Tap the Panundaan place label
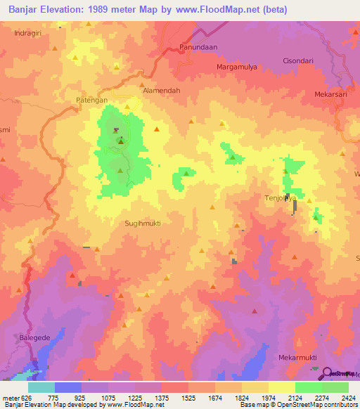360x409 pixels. click(198, 47)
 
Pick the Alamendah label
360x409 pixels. click(162, 91)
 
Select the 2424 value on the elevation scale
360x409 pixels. click(347, 398)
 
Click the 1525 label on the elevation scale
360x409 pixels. click(188, 398)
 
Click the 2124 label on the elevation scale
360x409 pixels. click(295, 398)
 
